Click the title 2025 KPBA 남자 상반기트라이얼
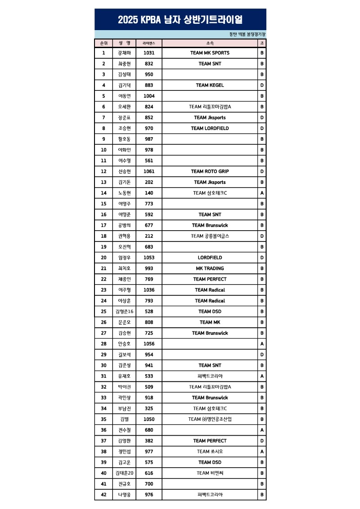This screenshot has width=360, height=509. point(180,20)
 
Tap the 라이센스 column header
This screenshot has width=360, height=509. point(149,43)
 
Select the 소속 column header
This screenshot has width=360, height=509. point(210,43)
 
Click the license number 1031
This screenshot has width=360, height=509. point(149,53)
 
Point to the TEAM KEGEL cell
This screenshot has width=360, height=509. point(210,85)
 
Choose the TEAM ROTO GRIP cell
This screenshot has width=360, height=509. point(210,171)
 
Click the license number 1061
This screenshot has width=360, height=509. point(149,171)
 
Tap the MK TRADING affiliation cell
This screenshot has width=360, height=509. point(210,268)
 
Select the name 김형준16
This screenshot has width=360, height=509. point(125,312)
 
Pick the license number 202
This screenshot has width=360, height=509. point(149,182)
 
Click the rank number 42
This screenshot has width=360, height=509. point(103,495)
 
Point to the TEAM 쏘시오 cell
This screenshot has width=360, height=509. point(210,451)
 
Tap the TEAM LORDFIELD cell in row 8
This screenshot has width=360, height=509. point(210,129)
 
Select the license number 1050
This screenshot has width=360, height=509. point(149,419)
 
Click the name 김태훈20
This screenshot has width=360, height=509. point(125,473)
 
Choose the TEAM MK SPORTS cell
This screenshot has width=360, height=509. point(210,53)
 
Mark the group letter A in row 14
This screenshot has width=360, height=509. point(262,193)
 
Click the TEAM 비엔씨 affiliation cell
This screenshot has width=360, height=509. point(210,473)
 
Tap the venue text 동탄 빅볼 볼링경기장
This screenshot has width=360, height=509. point(247,34)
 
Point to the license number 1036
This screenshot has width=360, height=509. point(149,290)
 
